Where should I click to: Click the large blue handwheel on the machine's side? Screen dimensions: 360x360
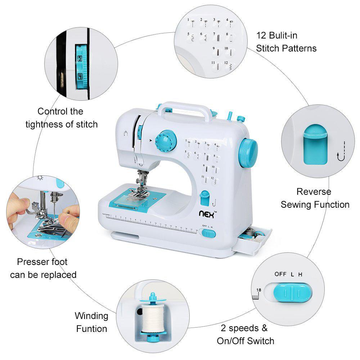point(248,153)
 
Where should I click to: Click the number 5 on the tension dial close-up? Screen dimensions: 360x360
point(80,58)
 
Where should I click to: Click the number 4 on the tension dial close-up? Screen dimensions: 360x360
point(80,76)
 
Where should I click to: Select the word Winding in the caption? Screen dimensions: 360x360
point(91,316)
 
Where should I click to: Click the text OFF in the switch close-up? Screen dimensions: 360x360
point(280,274)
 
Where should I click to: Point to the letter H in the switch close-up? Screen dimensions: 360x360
point(300,274)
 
